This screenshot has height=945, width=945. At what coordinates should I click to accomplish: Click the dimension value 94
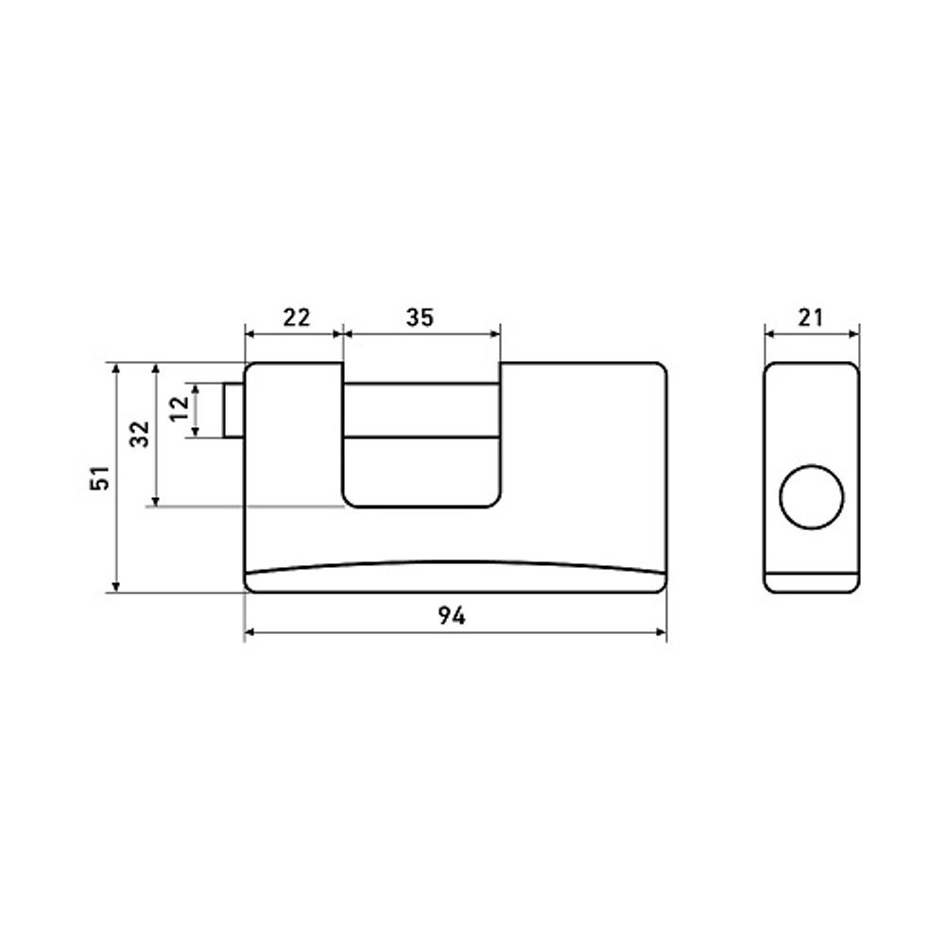[452, 616]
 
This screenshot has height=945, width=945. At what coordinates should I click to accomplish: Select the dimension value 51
[101, 477]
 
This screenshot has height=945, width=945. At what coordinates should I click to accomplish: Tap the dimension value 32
[140, 434]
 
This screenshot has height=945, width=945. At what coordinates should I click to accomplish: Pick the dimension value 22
[297, 317]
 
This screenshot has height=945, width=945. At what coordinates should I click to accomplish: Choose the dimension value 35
[420, 317]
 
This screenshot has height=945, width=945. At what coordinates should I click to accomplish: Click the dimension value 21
[810, 317]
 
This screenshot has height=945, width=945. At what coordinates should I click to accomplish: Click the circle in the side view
[812, 497]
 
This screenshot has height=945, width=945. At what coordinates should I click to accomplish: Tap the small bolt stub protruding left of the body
[233, 410]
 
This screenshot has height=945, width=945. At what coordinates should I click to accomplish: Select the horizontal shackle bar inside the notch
[421, 410]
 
